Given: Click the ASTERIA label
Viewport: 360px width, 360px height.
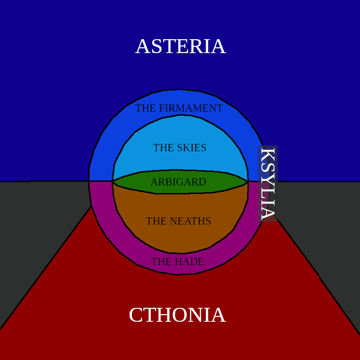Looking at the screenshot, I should tap(180, 47).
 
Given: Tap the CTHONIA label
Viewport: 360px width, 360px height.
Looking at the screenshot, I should tap(177, 315).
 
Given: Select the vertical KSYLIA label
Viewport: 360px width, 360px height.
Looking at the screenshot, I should tap(268, 184).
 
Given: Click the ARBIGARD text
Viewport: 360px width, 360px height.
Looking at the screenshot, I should tap(178, 182).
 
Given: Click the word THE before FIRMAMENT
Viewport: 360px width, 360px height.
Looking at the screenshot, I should tap(145, 108).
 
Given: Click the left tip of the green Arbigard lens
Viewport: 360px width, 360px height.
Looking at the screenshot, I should tap(113, 181).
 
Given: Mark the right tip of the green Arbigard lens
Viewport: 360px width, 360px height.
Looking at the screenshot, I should tap(247, 181).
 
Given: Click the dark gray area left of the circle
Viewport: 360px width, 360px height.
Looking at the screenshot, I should tap(40, 225).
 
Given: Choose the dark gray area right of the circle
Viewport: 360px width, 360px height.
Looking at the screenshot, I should tap(324, 225).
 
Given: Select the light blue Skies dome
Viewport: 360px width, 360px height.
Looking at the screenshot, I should tap(180, 133).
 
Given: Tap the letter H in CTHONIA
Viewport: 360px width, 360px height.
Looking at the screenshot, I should tap(166, 315).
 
